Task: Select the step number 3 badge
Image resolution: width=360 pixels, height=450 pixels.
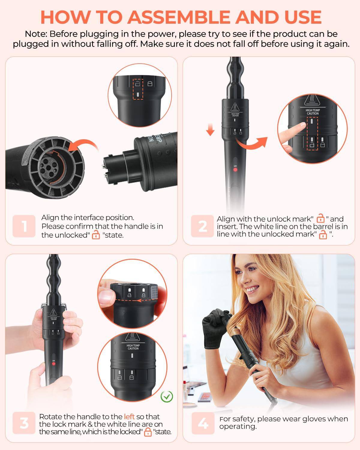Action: (x=24, y=423)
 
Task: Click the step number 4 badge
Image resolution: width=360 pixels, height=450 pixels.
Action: (x=203, y=423)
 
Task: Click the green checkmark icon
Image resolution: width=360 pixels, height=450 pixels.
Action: (x=166, y=397)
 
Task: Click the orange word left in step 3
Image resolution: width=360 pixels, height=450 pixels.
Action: (x=129, y=416)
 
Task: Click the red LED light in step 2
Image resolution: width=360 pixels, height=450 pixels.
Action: (x=235, y=170)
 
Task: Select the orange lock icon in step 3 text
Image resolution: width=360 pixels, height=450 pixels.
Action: (x=148, y=432)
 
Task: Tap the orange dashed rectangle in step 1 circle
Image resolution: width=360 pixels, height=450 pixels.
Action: (x=138, y=88)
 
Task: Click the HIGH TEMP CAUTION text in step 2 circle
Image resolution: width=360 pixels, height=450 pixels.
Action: (x=313, y=112)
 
